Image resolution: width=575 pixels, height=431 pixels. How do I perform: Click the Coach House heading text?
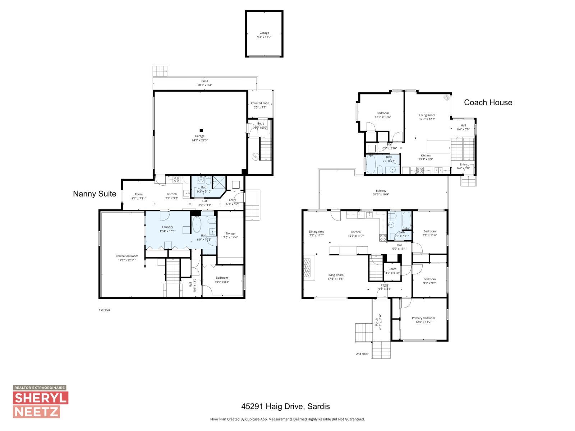[488, 102]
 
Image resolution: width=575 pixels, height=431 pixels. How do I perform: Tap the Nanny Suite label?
[95, 194]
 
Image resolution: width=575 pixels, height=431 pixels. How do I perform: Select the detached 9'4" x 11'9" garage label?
[264, 35]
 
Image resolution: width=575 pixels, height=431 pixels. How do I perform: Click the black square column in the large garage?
[201, 130]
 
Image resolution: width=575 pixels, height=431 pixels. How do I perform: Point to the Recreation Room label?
[127, 258]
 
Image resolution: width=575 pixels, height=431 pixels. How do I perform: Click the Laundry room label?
[167, 229]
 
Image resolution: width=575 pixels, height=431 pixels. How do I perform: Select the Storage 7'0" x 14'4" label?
[230, 235]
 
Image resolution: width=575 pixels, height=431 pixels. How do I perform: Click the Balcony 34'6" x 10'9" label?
[381, 193]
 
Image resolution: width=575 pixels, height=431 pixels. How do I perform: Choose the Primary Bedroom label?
[423, 320]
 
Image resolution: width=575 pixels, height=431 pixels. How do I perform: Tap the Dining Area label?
[316, 233]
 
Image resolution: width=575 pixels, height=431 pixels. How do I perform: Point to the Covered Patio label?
[260, 105]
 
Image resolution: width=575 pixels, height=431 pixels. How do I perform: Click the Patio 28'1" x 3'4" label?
[204, 83]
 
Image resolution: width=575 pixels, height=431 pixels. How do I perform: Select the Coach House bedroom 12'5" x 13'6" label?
[383, 115]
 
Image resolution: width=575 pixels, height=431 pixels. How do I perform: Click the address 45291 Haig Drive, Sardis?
[285, 407]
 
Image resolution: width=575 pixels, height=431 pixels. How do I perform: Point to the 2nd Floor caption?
[362, 354]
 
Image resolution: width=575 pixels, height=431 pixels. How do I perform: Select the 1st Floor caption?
[104, 310]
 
